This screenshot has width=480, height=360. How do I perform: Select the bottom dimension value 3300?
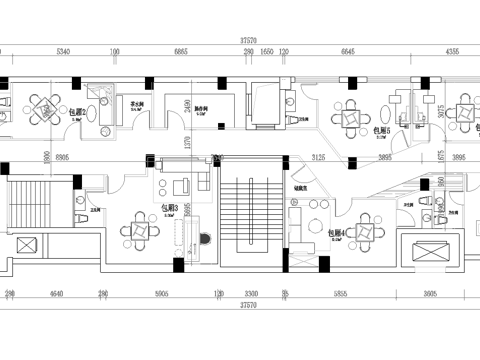click(x=253, y=295)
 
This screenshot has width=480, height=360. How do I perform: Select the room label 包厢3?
click(x=171, y=209)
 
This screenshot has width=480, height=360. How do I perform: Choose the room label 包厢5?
click(x=381, y=129)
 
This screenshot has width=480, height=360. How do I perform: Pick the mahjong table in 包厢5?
click(x=352, y=118)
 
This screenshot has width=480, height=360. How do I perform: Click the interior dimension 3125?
click(x=320, y=157)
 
